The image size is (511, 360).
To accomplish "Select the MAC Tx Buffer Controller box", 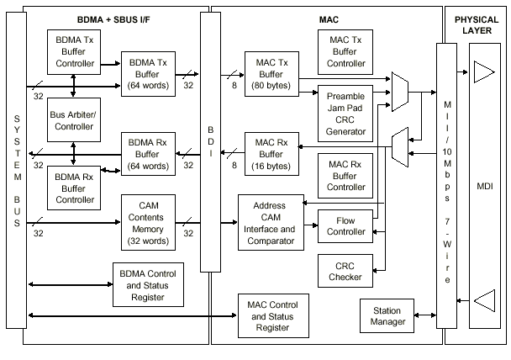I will click(347, 51).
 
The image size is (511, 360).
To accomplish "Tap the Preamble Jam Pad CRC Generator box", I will click(347, 113).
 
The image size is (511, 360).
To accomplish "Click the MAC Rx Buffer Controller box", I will click(347, 175).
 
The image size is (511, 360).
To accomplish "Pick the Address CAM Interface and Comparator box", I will click(270, 223).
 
